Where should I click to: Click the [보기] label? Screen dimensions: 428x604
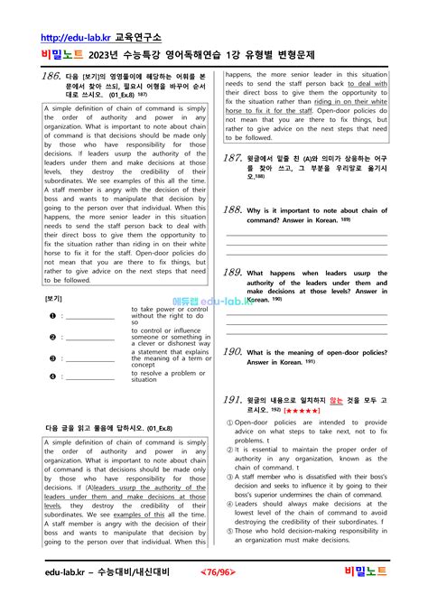pos(54,298)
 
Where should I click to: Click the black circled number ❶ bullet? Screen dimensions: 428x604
pos(53,316)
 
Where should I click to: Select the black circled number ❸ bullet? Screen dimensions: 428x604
pos(53,357)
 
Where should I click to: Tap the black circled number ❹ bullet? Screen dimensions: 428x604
pos(53,376)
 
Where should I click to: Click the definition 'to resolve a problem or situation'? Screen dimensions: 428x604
pos(169,376)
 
